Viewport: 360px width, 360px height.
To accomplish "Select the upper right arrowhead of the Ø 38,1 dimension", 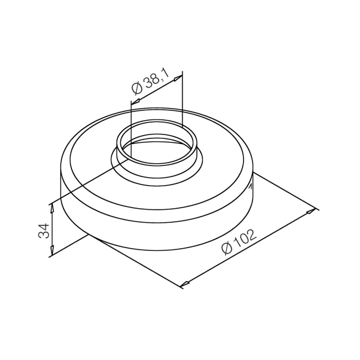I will click(x=179, y=78).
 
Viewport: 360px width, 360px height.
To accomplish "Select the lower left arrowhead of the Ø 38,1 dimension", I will click(x=134, y=102).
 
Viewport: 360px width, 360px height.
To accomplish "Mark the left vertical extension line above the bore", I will click(x=130, y=124).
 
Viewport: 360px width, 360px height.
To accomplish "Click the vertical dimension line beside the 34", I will click(x=52, y=231).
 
